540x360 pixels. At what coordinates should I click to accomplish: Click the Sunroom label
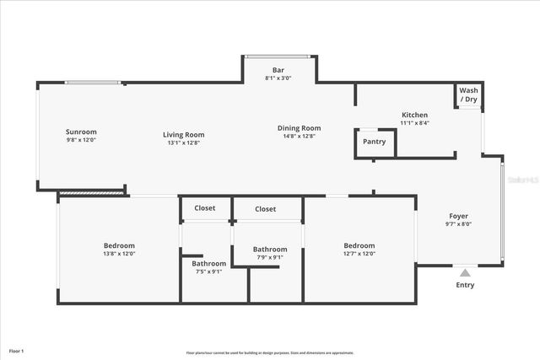[81, 132]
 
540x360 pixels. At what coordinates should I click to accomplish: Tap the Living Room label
[183, 134]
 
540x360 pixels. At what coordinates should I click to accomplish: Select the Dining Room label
[300, 128]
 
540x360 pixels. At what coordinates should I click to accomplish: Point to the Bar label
[278, 70]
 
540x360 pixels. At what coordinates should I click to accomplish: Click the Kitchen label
[414, 115]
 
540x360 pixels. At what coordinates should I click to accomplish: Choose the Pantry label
[374, 142]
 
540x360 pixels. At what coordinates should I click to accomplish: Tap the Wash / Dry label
[468, 94]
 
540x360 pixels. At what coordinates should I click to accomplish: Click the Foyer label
[457, 217]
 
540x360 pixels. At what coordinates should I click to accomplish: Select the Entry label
[465, 285]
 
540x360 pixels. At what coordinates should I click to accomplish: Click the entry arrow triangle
[465, 272]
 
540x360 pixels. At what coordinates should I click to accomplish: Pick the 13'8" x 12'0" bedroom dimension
[119, 254]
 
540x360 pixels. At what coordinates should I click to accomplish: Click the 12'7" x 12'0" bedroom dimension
[359, 254]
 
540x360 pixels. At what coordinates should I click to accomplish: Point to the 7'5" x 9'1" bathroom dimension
[208, 271]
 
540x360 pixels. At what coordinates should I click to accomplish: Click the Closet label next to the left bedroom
[205, 208]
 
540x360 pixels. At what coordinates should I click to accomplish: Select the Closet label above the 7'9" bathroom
[266, 209]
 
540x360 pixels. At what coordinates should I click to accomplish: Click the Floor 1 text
[17, 350]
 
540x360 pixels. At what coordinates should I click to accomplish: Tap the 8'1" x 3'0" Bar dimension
[278, 78]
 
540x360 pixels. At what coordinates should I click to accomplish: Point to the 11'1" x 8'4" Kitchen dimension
[414, 123]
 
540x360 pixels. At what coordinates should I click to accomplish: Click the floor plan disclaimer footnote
[270, 352]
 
